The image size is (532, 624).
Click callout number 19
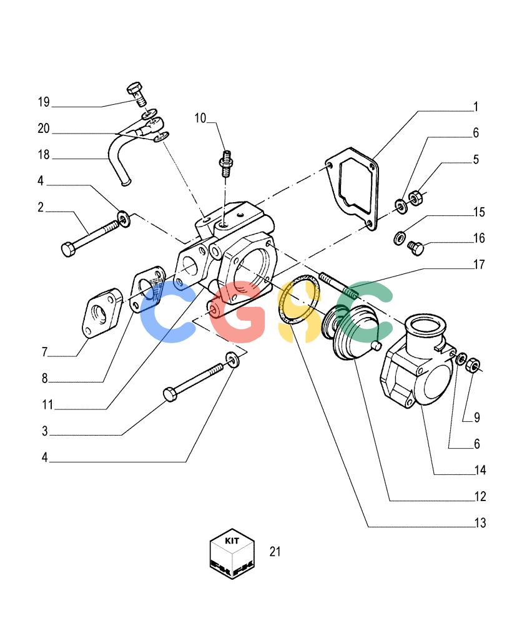tap(44, 102)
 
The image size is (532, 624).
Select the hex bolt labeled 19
tap(137, 94)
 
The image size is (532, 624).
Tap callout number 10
tap(200, 118)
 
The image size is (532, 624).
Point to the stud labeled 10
tap(226, 163)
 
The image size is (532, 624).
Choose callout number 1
tap(475, 107)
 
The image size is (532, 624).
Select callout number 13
tap(480, 522)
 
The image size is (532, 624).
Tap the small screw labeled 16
tap(415, 248)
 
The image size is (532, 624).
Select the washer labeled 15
tap(400, 238)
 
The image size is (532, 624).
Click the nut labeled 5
tap(415, 197)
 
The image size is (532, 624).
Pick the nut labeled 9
tap(473, 364)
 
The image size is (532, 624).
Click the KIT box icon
tap(232, 553)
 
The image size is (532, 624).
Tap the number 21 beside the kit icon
tap(275, 552)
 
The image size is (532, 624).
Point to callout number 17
tap(479, 264)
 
